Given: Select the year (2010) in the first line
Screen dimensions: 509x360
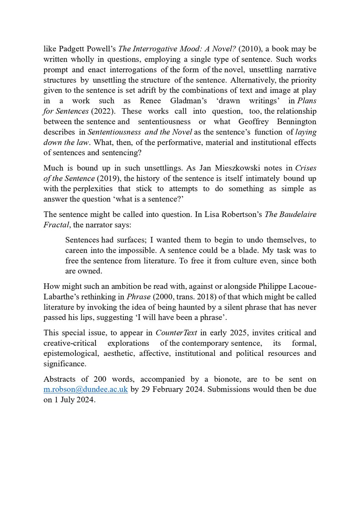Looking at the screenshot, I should click(x=251, y=49).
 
